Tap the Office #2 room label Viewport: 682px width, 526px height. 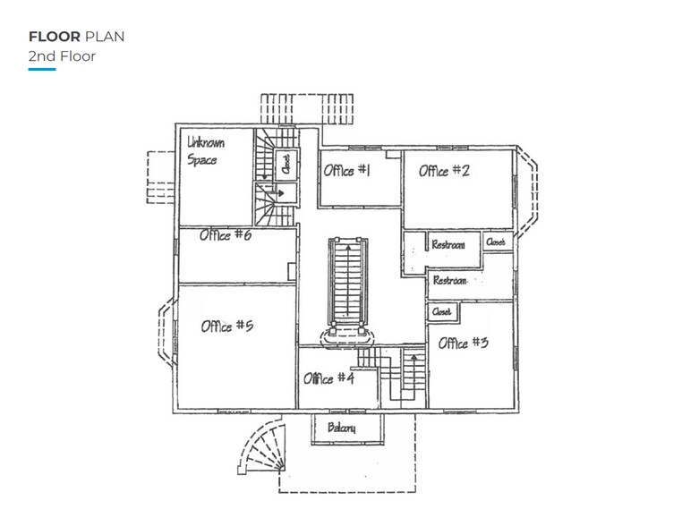click(x=444, y=171)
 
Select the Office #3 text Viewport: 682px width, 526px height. click(x=463, y=342)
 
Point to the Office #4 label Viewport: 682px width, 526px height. click(x=329, y=378)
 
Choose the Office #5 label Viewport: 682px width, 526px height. click(x=227, y=326)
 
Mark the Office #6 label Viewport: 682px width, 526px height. click(x=226, y=235)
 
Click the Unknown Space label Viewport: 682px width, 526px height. click(x=206, y=151)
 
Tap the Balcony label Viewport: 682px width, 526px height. click(x=342, y=428)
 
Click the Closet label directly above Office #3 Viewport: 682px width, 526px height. click(x=441, y=312)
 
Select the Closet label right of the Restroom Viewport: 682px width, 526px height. click(x=495, y=242)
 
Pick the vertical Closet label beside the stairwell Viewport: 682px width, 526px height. click(x=286, y=164)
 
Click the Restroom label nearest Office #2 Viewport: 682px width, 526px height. click(x=448, y=245)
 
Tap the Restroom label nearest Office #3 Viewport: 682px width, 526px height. click(x=450, y=281)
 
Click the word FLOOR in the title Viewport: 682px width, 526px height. click(x=55, y=37)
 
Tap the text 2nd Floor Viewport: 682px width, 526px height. click(x=62, y=56)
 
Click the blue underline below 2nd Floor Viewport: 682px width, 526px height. click(x=42, y=70)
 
